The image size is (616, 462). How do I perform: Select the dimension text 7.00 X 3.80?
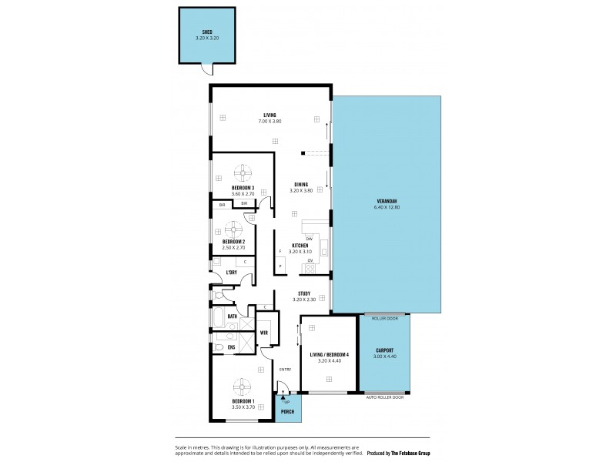click(x=269, y=122)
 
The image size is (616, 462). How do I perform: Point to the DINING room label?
click(x=301, y=184)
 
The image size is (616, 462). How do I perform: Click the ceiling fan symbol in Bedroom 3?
click(x=243, y=172)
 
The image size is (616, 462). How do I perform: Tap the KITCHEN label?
click(x=300, y=246)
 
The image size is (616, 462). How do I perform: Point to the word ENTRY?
click(x=284, y=370)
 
